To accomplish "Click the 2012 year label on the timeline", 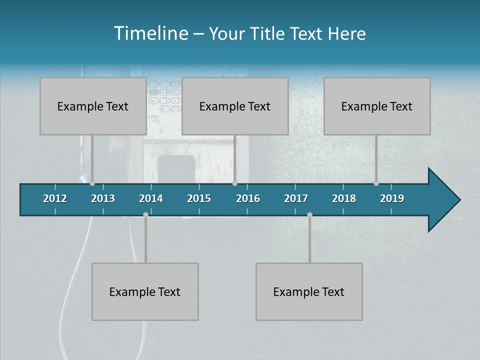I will point(55,198).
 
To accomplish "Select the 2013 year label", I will point(103,198).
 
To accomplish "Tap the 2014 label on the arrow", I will point(151,198).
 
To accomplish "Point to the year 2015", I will point(199,198).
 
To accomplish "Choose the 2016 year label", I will point(248,198).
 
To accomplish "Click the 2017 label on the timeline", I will point(296,198).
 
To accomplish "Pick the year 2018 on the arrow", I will point(344,198).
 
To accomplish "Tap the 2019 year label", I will point(392,198).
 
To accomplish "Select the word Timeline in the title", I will point(150,33).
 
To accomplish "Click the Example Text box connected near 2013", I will point(93,106).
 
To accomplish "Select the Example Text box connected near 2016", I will point(235,106).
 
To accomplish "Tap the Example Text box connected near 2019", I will point(377,106).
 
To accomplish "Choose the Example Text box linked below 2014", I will point(145,291).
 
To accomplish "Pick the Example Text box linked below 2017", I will point(309,291).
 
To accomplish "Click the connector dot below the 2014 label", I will point(145,214).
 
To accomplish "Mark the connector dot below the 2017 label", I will point(309,214).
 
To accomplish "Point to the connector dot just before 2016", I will point(235,183).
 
